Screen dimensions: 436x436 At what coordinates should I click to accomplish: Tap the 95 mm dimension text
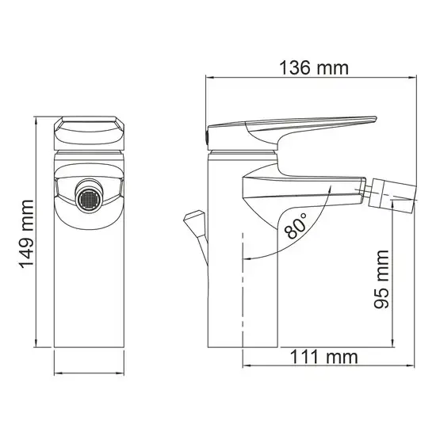pyautogui.click(x=382, y=277)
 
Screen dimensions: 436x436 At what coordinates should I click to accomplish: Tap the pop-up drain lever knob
pyautogui.click(x=192, y=217)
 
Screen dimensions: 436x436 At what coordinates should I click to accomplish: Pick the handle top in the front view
pyautogui.click(x=90, y=126)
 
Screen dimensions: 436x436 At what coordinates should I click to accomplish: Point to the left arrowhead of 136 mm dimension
pyautogui.click(x=209, y=78)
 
